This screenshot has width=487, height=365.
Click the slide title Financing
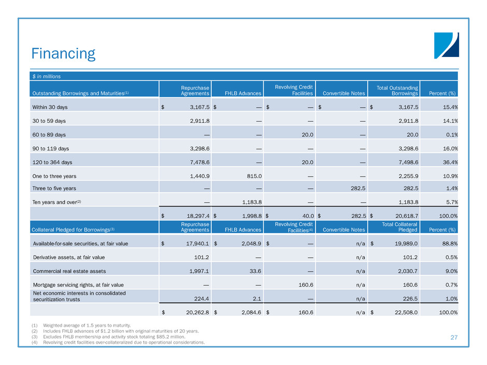(x=63, y=54)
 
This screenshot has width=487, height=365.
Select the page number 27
(x=454, y=337)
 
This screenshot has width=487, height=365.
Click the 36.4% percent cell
(x=449, y=161)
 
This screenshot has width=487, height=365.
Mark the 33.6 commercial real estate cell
(x=253, y=270)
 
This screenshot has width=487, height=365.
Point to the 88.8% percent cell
(x=449, y=243)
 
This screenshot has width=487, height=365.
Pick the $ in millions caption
(x=45, y=76)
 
